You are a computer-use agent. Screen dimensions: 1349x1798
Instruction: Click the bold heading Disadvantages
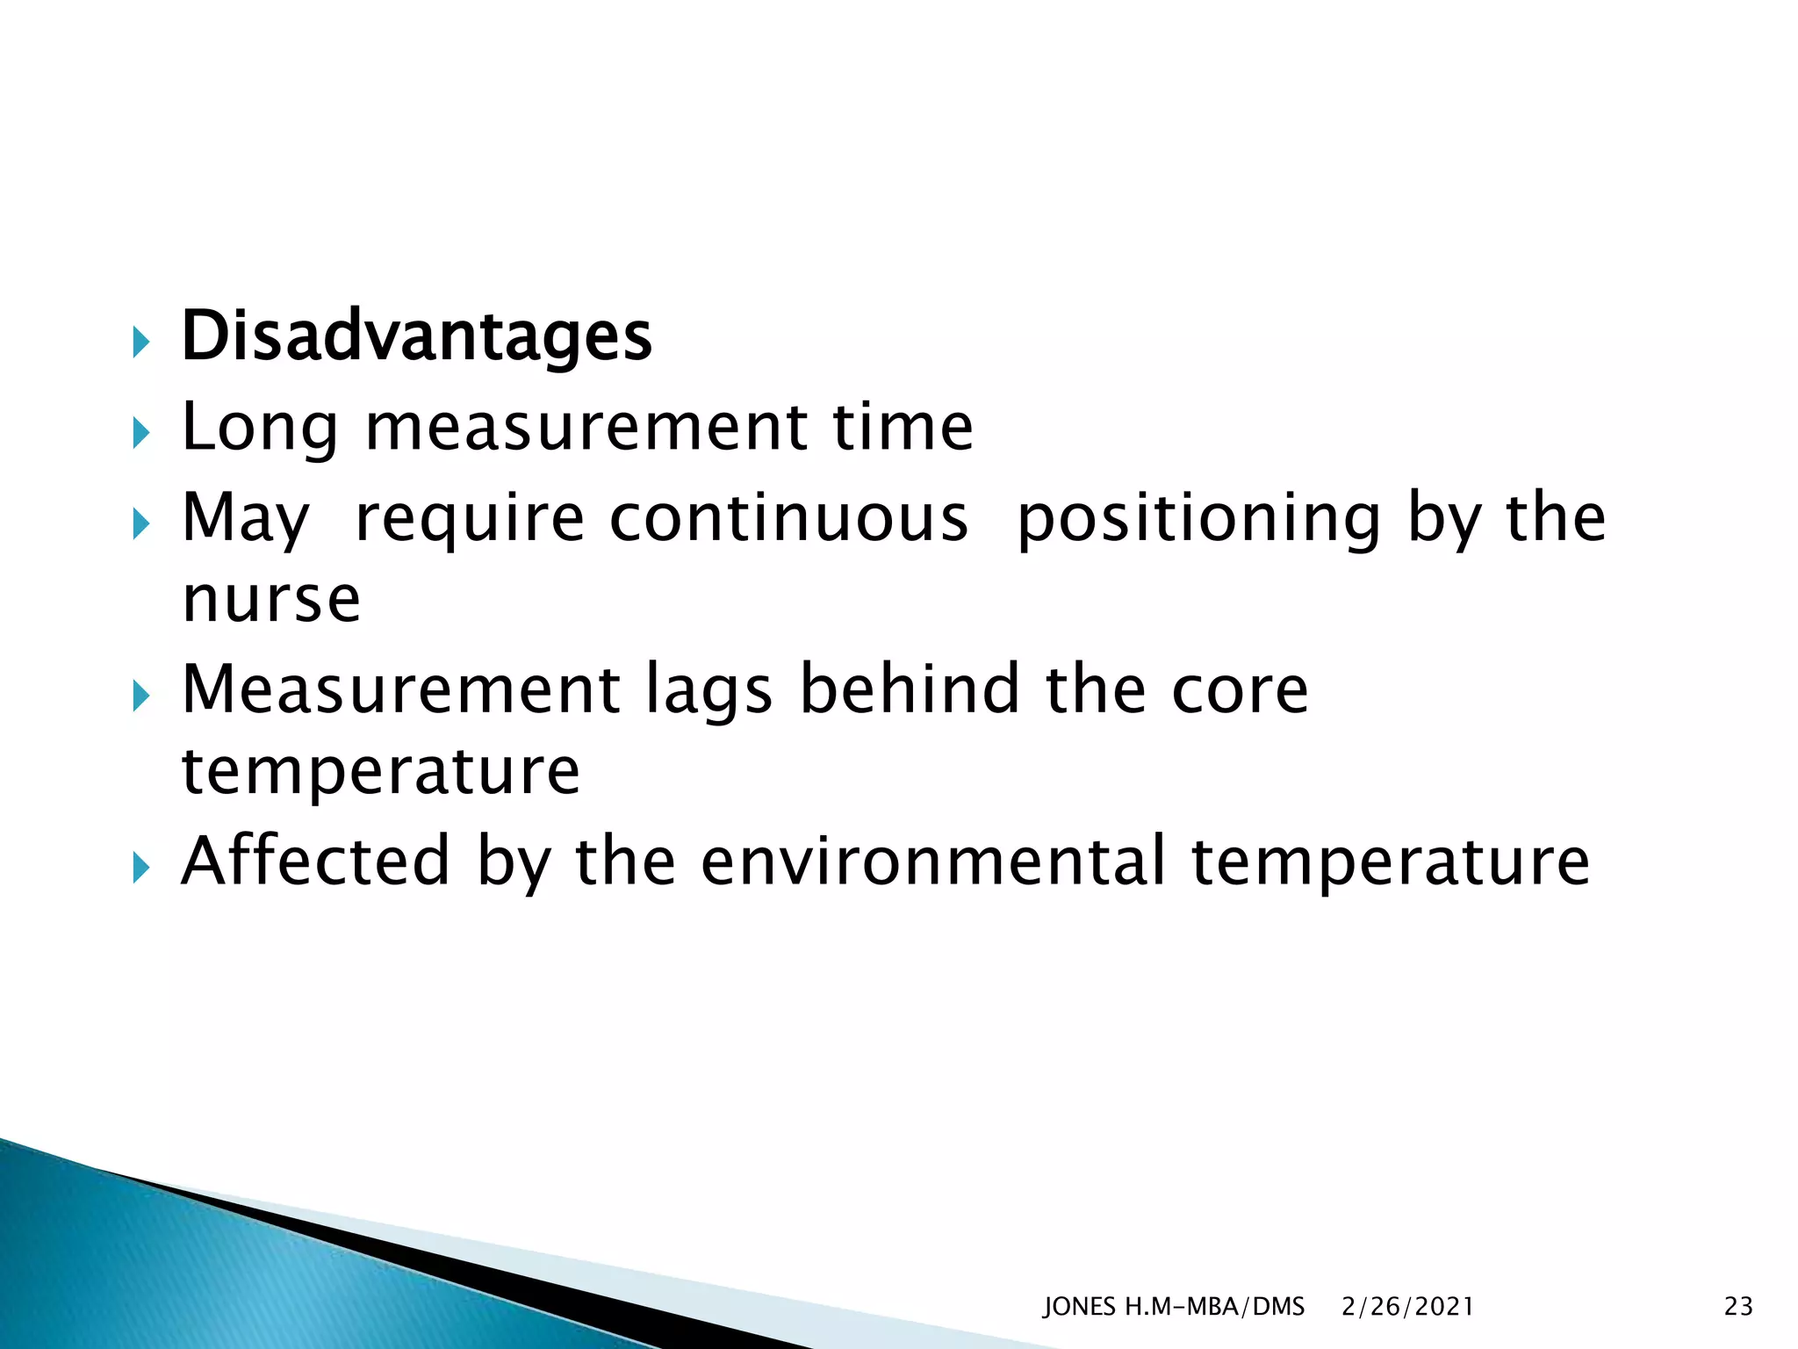tap(416, 337)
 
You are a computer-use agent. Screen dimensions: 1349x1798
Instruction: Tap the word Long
tap(259, 429)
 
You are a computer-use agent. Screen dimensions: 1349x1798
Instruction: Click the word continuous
tap(788, 518)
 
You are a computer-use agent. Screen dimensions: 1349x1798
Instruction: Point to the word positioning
tap(1198, 520)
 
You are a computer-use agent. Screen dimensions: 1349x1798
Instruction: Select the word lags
tap(709, 691)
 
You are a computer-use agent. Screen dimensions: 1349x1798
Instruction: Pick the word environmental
tap(932, 862)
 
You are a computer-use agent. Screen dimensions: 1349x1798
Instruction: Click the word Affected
tap(315, 862)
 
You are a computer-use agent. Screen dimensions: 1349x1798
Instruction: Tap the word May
tap(245, 520)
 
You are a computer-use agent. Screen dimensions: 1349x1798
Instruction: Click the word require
tap(469, 520)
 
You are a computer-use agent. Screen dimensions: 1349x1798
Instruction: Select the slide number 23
tap(1738, 1307)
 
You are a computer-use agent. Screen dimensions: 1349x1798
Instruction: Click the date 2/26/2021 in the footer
tap(1407, 1307)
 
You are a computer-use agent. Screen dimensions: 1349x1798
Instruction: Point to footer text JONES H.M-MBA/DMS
tap(1173, 1307)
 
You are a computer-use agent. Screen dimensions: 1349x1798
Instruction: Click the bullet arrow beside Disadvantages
tap(140, 343)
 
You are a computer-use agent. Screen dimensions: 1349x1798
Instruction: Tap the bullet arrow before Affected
tap(140, 868)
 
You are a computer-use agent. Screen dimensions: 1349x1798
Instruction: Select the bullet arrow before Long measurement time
tap(140, 433)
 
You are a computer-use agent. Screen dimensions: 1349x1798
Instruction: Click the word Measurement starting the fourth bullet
tap(400, 689)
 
